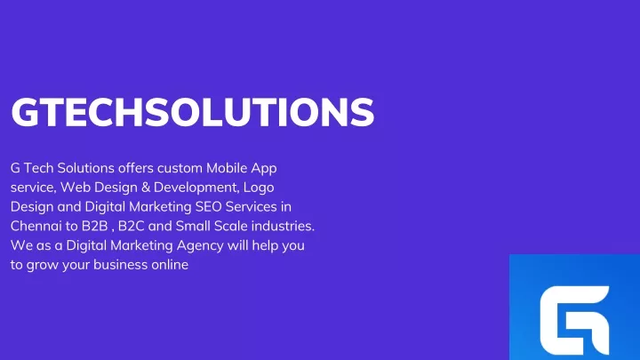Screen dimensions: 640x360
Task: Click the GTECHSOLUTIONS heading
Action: tap(192, 112)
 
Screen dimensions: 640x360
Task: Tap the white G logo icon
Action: tap(574, 320)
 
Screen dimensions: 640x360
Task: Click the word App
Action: tap(264, 169)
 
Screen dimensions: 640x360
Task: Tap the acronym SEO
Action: tap(208, 206)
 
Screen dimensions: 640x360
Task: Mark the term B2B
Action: tap(94, 226)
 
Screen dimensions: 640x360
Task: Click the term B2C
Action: tap(131, 226)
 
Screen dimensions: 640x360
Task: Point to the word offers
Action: tap(136, 168)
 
